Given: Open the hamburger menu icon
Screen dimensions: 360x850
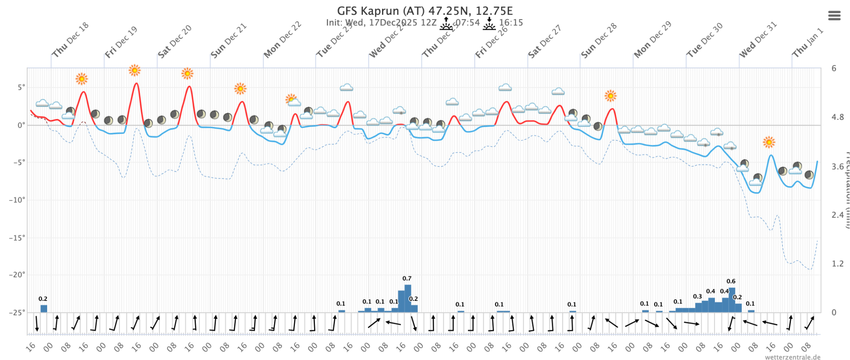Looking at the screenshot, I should click(834, 16).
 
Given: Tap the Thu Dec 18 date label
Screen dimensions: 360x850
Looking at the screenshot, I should click(70, 40).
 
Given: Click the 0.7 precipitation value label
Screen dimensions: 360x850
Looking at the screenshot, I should click(407, 278).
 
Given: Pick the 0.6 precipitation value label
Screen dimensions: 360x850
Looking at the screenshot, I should click(731, 281).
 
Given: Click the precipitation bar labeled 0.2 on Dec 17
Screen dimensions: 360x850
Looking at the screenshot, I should click(44, 309).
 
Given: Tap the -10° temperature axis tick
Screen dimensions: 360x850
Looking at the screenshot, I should click(17, 200).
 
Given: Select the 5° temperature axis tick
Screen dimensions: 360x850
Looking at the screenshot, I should click(21, 87).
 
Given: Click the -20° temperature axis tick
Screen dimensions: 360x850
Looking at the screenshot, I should click(17, 275).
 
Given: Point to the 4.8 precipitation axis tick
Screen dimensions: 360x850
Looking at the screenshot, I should click(837, 117).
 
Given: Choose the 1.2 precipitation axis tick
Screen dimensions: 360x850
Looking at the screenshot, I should click(837, 264).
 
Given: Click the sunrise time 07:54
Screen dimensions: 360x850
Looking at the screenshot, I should click(467, 23).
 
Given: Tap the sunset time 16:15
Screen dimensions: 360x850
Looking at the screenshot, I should click(511, 23).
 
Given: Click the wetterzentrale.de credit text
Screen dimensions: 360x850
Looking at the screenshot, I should click(793, 357).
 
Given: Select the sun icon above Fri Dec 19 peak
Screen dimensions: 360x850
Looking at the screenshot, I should click(134, 70).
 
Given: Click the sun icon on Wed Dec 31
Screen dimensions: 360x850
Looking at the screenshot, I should click(768, 142).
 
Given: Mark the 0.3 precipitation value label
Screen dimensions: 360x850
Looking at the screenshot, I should click(697, 297).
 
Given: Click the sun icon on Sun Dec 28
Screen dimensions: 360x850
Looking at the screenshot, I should click(610, 96).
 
